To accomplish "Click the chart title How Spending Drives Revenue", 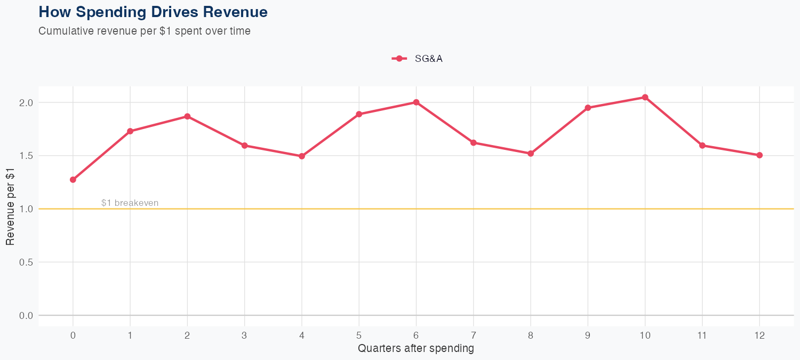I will click(x=153, y=12).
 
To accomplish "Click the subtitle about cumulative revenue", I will click(x=145, y=31).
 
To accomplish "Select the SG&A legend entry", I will click(x=418, y=59).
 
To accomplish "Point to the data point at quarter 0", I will click(x=73, y=180).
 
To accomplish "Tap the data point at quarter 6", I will click(x=416, y=102).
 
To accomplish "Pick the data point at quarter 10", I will click(x=645, y=98).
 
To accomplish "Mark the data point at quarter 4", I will click(x=302, y=156).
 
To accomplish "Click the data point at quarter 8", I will click(x=531, y=154).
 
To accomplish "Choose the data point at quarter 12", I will click(x=759, y=155).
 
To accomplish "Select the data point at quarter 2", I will click(x=187, y=116).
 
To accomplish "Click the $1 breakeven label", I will click(x=130, y=203).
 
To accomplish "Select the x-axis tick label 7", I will click(x=474, y=335).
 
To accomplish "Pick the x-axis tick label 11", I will click(x=702, y=335).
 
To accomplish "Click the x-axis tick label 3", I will click(x=245, y=335).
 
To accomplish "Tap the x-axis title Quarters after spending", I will click(x=416, y=349).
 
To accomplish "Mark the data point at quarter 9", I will click(x=588, y=108).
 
